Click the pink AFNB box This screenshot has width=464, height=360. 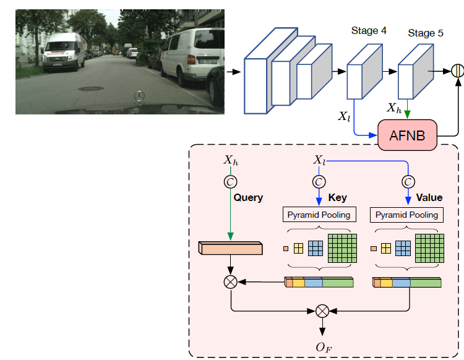click(x=407, y=135)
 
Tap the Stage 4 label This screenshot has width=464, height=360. click(x=369, y=30)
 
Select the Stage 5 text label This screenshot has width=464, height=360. click(x=425, y=33)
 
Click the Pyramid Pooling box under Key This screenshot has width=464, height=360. click(x=319, y=215)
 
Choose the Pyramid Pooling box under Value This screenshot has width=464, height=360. click(x=406, y=215)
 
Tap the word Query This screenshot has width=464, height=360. click(x=248, y=198)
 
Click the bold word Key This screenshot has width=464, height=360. click(x=337, y=198)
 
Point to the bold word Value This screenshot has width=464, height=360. click(x=429, y=198)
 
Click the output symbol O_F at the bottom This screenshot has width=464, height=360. click(x=322, y=347)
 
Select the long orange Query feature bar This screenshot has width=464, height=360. click(x=231, y=249)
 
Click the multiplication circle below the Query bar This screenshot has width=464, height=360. click(x=231, y=283)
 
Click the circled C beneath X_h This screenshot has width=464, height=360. click(x=231, y=182)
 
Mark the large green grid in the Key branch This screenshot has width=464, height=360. click(x=343, y=249)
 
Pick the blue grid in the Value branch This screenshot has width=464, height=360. click(x=403, y=249)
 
